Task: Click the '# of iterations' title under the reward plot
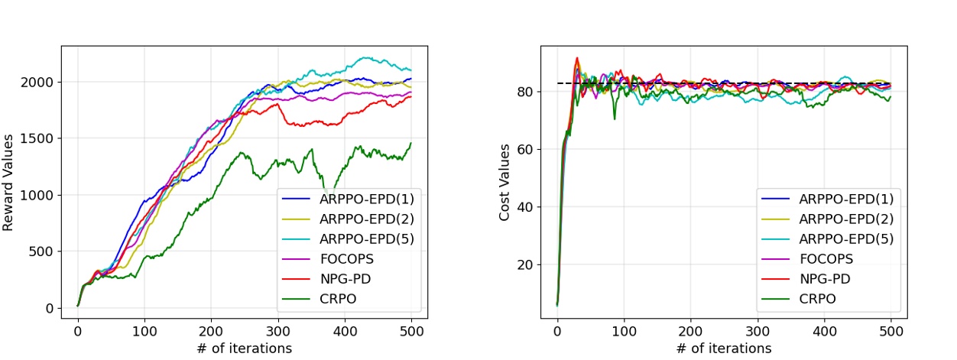click(244, 349)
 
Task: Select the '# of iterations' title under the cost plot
click(723, 349)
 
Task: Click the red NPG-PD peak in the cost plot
click(577, 57)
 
